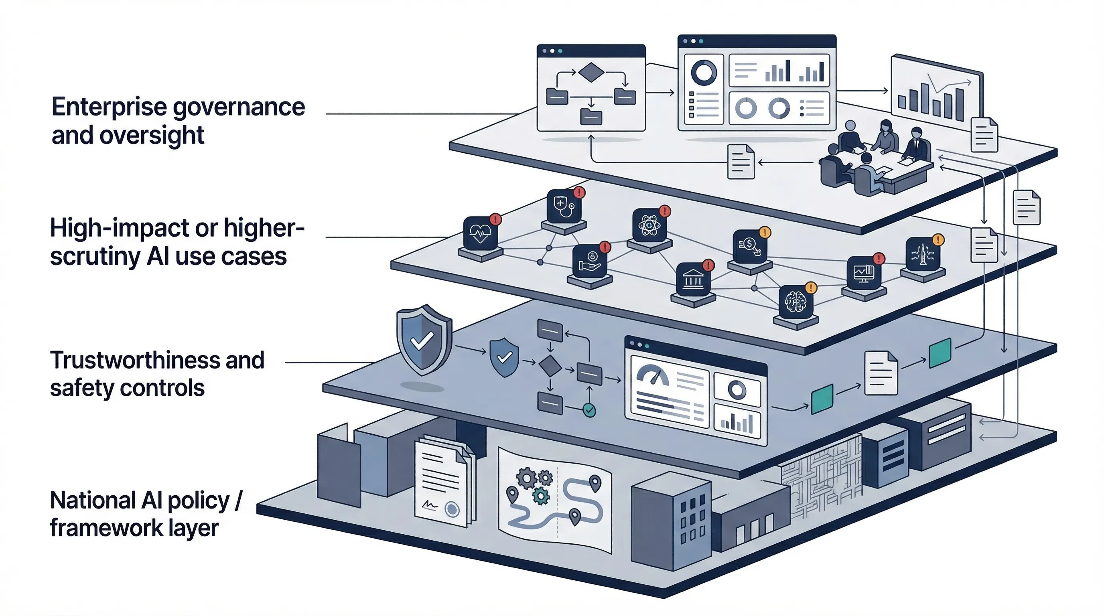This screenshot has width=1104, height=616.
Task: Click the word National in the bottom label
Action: (92, 500)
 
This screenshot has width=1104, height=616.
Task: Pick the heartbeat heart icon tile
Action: (481, 233)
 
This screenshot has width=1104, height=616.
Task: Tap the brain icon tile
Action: (796, 302)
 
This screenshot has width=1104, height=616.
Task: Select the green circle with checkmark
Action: (589, 410)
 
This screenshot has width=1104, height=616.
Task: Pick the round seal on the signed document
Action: (452, 509)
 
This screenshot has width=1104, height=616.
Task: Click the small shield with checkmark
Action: (503, 357)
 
